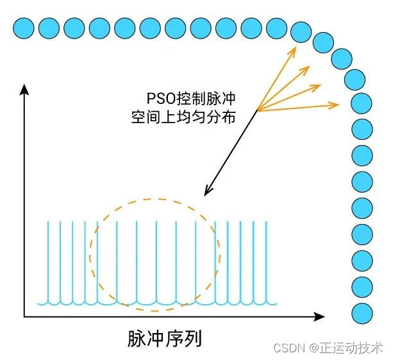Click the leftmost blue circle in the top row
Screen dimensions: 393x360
point(23,28)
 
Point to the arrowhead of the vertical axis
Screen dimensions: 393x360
point(24,89)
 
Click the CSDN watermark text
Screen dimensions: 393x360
point(288,347)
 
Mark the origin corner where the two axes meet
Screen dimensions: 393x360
point(24,316)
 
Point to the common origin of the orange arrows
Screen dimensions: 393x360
point(258,111)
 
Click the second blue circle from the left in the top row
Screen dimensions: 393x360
point(49,28)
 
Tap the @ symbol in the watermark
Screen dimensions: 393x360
point(314,347)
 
